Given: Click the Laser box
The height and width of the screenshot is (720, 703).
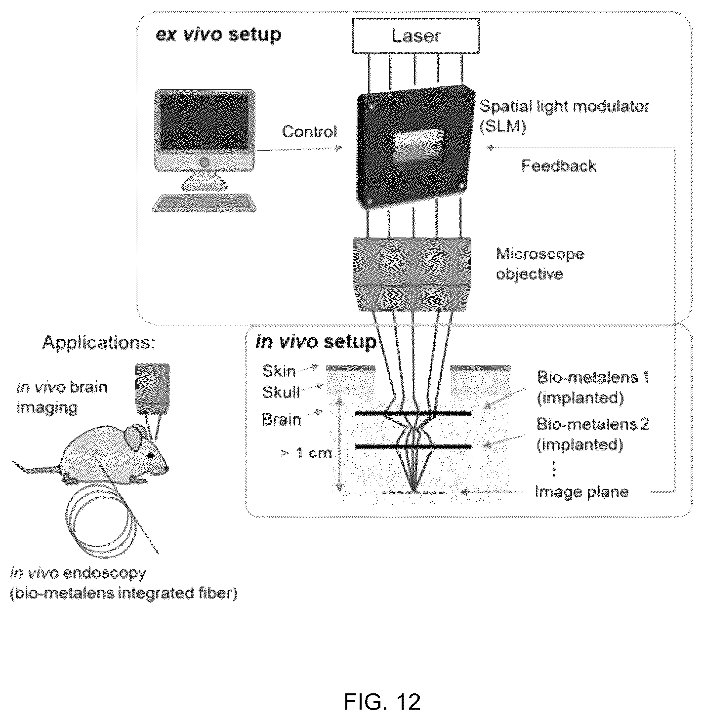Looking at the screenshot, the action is click(415, 36).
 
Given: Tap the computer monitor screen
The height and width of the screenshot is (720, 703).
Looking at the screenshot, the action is click(205, 122).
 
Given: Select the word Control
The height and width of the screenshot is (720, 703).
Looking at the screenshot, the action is click(309, 132).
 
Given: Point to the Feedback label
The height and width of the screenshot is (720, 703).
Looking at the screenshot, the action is click(559, 166).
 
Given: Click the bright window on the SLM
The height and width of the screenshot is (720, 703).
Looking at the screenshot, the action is click(418, 146).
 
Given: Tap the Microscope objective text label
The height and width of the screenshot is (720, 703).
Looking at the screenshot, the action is click(540, 264).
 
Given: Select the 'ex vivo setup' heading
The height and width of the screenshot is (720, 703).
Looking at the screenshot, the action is click(218, 35).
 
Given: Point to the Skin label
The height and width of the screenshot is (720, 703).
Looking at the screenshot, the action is click(279, 371).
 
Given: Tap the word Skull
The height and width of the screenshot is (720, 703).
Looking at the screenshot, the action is click(281, 392).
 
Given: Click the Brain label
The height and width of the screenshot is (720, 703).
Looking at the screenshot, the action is click(281, 420).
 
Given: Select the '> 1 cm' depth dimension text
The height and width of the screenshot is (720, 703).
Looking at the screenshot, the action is click(306, 453).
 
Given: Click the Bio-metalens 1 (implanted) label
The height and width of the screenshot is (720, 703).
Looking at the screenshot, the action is click(593, 388).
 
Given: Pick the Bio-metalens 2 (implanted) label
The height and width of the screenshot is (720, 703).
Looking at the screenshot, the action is click(593, 435).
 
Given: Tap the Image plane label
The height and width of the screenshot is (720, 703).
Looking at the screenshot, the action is click(581, 492).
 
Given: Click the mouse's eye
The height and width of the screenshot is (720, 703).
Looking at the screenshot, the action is click(150, 455).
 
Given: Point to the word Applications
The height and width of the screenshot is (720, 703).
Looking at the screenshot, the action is click(98, 343).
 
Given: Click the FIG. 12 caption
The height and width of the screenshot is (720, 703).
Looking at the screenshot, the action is click(382, 702).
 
